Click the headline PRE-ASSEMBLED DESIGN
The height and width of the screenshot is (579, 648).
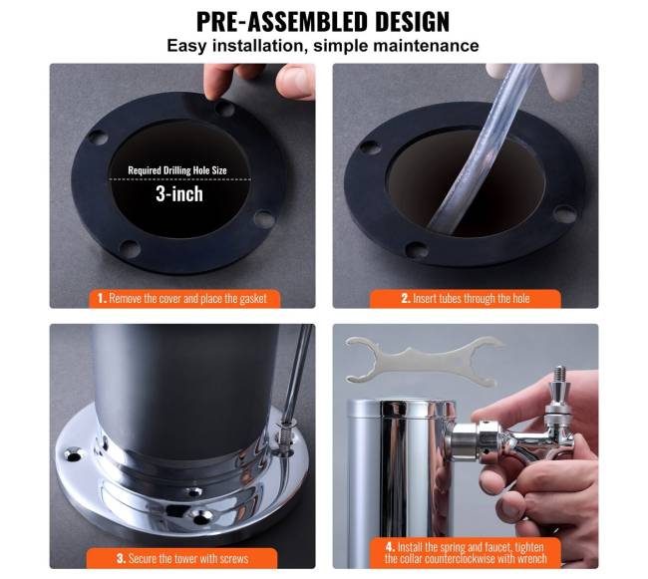coord(323,22)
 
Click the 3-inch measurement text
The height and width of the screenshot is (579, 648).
coord(179,194)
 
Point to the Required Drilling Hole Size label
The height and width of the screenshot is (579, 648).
coord(177,170)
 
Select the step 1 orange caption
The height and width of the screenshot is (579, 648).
coord(184,299)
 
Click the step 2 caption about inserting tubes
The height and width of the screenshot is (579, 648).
coord(466,299)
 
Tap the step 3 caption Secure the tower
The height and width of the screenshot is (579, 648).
coord(182,559)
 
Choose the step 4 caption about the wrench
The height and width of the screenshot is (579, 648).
coord(466,553)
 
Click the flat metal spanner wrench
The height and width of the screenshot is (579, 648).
coord(425,361)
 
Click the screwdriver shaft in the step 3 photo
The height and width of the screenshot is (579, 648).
coord(298,372)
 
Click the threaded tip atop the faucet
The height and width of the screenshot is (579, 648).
coord(560,374)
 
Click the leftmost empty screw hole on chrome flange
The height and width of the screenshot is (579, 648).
coord(73,456)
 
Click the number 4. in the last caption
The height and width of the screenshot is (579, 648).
coord(390,547)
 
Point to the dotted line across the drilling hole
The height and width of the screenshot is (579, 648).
coord(180,179)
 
